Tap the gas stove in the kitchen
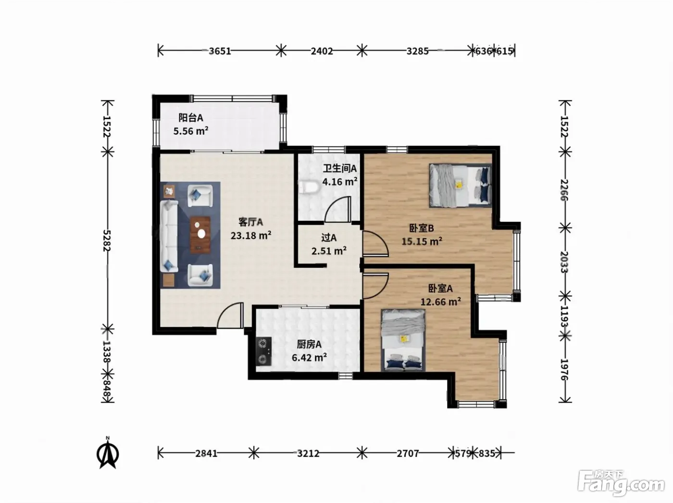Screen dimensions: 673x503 [264, 351]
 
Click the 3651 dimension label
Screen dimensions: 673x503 [220, 51]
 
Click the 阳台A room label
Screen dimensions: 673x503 [191, 117]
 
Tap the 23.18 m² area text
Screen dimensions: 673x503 [251, 235]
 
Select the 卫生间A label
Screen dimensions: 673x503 [340, 168]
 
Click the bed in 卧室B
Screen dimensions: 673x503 [460, 186]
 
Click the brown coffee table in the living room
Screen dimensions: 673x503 [200, 235]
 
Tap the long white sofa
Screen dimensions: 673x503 [169, 236]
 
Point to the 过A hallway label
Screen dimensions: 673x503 [329, 238]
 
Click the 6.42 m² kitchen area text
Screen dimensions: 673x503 [309, 357]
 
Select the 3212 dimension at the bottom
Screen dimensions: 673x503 [308, 453]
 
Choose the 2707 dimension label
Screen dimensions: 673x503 [408, 453]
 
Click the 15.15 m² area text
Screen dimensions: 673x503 [422, 241]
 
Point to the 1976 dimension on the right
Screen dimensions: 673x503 [564, 370]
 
